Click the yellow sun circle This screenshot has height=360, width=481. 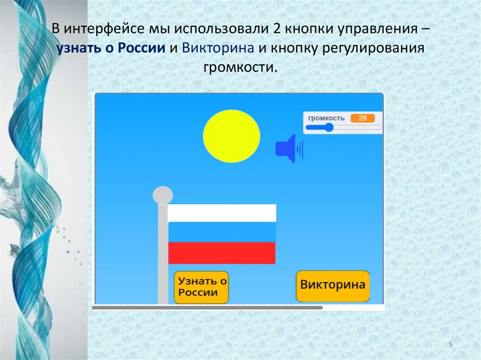point(231,136)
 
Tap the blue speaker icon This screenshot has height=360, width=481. point(287,149)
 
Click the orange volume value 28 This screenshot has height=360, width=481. point(363,118)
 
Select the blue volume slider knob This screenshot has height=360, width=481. point(329,127)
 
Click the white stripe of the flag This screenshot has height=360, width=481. point(222,213)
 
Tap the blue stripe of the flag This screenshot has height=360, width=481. point(222,232)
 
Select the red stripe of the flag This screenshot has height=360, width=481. point(222,253)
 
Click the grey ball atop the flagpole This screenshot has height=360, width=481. point(163,195)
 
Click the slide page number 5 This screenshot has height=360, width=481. point(451,345)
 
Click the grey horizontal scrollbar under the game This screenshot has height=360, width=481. point(207,308)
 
